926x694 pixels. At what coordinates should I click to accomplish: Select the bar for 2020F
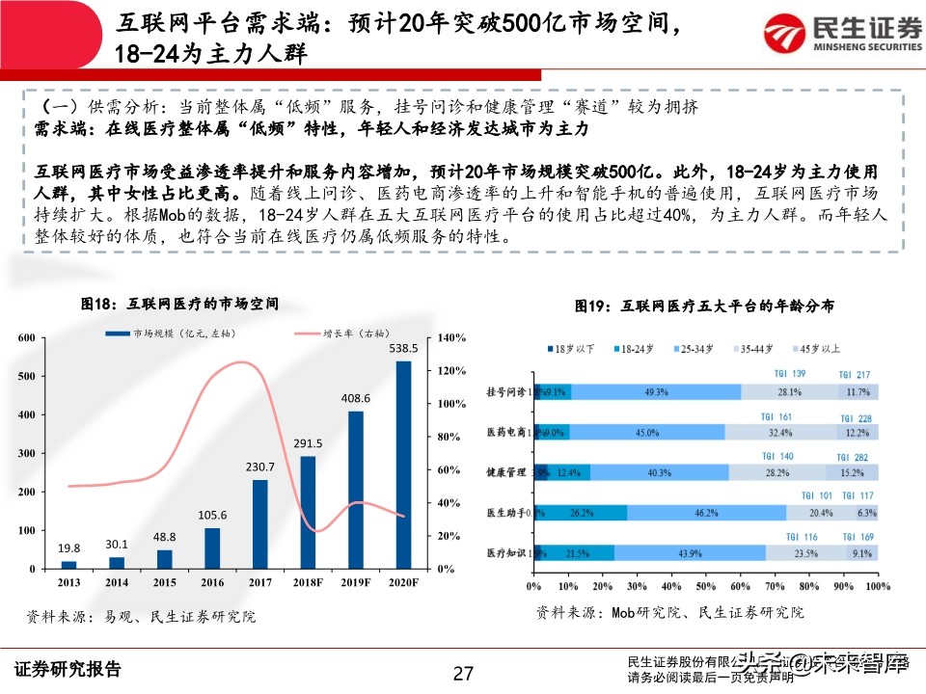click(403, 464)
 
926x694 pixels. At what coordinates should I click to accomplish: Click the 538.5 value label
click(403, 348)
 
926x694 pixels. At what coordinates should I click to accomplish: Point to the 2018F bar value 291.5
click(308, 443)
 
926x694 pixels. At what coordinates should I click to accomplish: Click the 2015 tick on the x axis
click(164, 583)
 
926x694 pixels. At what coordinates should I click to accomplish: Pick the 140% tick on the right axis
click(452, 338)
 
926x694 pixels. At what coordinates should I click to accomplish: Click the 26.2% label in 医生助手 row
click(581, 513)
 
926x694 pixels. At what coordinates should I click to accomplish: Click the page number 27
click(463, 672)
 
